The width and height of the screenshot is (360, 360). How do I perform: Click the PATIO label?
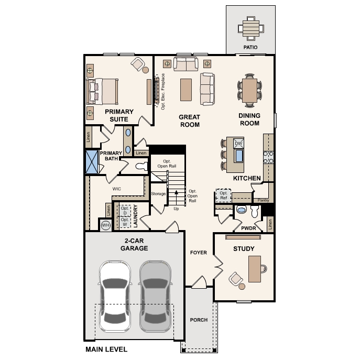pyautogui.click(x=250, y=47)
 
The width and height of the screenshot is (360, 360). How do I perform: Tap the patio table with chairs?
pyautogui.click(x=251, y=28)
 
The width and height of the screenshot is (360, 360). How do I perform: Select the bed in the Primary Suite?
pyautogui.click(x=102, y=91)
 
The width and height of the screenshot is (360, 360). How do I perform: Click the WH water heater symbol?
pyautogui.click(x=106, y=225)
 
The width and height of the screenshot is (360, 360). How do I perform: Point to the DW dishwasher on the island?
pyautogui.click(x=238, y=144)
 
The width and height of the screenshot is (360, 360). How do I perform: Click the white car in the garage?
pyautogui.click(x=115, y=296)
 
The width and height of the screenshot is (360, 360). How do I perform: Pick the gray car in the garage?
pyautogui.click(x=156, y=296)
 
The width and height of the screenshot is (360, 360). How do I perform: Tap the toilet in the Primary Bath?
pyautogui.click(x=141, y=166)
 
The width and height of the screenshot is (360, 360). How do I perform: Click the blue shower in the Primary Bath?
pyautogui.click(x=92, y=162)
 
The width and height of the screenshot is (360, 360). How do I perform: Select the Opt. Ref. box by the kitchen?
pyautogui.click(x=223, y=195)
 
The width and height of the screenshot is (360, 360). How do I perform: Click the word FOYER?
pyautogui.click(x=199, y=253)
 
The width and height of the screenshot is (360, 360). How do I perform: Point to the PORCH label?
pyautogui.click(x=199, y=320)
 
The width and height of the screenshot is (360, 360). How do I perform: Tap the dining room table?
pyautogui.click(x=249, y=91)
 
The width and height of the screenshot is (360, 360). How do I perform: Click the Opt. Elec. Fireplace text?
pyautogui.click(x=163, y=91)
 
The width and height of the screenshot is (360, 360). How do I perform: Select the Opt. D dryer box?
pyautogui.click(x=125, y=211)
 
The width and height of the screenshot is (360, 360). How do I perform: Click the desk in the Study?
pyautogui.click(x=255, y=269)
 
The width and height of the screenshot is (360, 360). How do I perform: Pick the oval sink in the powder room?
pyautogui.click(x=241, y=210)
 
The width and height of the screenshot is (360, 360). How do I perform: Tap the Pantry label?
pyautogui.click(x=263, y=200)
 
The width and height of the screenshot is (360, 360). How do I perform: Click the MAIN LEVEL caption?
pyautogui.click(x=106, y=350)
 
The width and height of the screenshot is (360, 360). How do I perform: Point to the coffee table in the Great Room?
pyautogui.click(x=186, y=90)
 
